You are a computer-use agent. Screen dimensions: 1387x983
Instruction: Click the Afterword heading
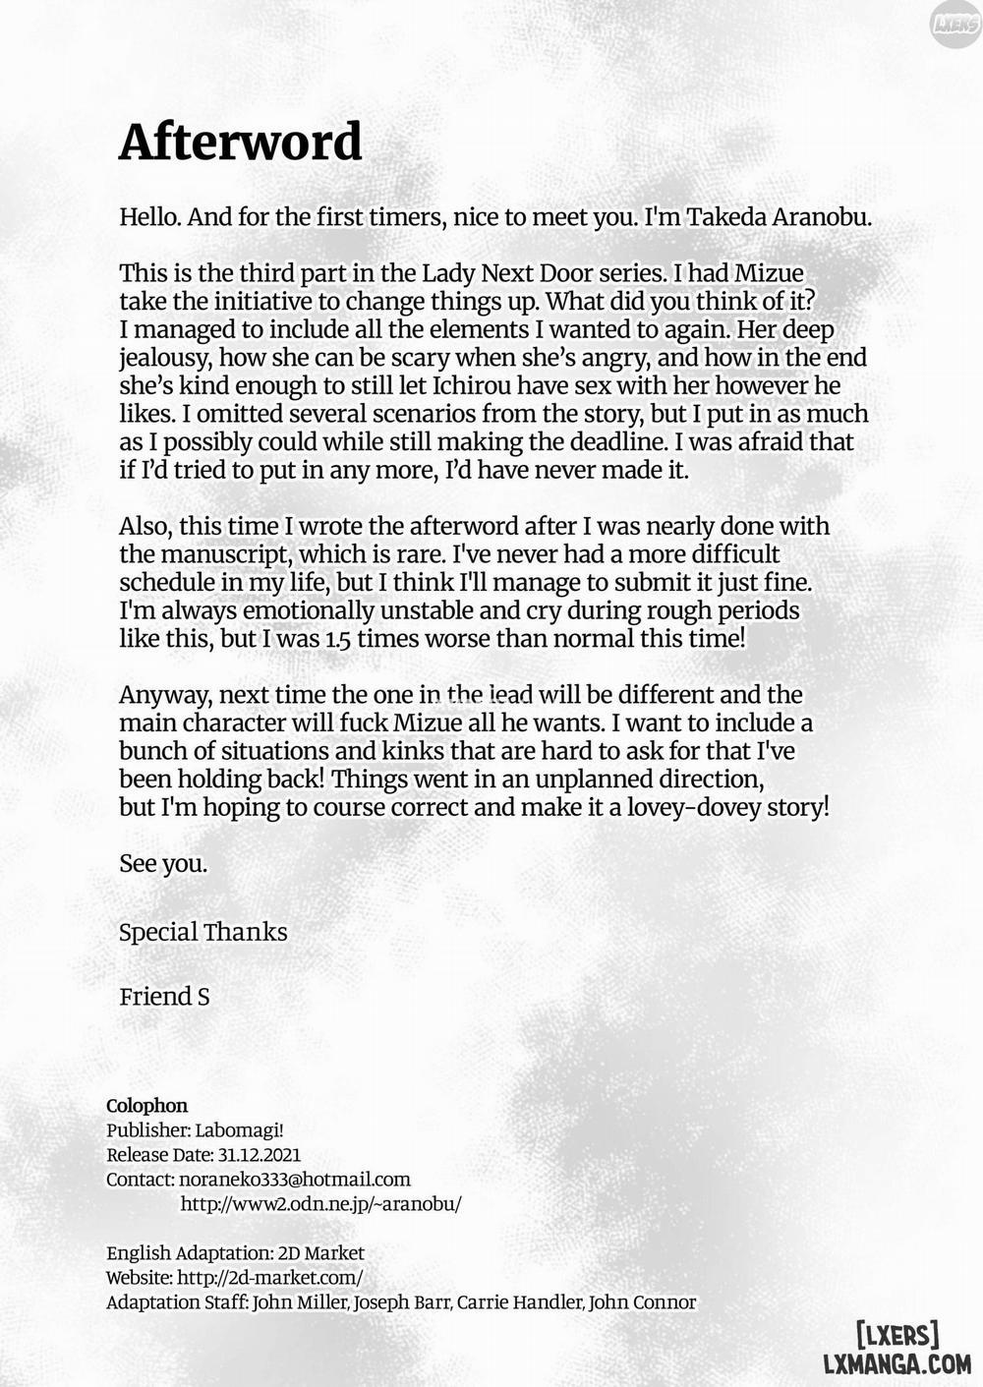[240, 143]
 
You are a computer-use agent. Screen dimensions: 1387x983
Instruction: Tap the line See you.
[163, 864]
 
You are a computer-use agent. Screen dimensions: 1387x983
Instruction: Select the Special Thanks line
[202, 932]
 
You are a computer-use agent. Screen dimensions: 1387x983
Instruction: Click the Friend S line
[164, 997]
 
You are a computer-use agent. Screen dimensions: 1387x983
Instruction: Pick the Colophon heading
[146, 1106]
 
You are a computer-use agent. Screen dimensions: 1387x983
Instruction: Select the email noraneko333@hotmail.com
[295, 1180]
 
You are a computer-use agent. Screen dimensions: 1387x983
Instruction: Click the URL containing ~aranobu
[320, 1204]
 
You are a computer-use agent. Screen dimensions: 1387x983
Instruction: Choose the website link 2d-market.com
[269, 1278]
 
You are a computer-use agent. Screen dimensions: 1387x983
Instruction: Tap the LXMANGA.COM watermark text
[896, 1363]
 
